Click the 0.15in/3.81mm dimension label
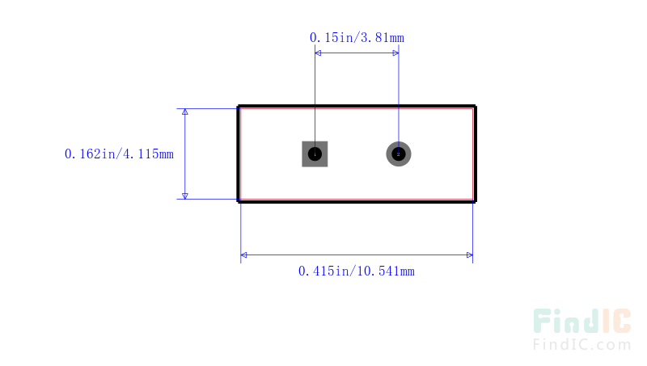tap(357, 38)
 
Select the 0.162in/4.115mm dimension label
tap(119, 154)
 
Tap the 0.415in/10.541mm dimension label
tap(357, 271)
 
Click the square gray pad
tap(315, 154)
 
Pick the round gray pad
tap(399, 154)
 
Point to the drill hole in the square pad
tap(315, 154)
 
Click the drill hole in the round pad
tap(399, 154)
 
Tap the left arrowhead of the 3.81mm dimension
tap(318, 53)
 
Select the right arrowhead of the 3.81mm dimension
tap(395, 53)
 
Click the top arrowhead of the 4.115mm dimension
tap(185, 111)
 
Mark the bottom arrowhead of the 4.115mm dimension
tap(185, 196)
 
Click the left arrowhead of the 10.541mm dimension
tap(244, 255)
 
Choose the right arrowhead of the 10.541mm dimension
tap(470, 255)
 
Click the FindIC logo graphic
tap(582, 321)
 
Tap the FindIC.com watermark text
tap(582, 344)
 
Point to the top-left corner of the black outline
tap(238, 107)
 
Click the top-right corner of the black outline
tap(476, 107)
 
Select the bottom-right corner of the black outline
tap(476, 201)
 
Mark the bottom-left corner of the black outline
tap(238, 201)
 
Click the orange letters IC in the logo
tap(616, 321)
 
